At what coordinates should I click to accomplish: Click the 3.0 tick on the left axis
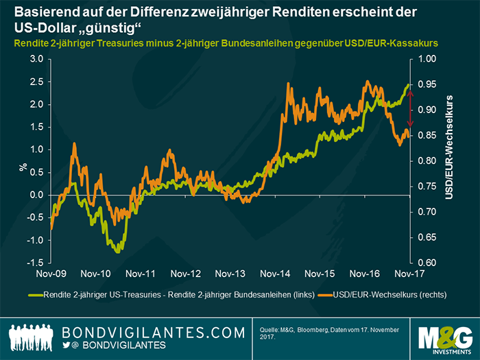click(x=34, y=60)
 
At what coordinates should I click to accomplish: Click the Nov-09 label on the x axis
click(x=52, y=274)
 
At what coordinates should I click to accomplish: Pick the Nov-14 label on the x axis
click(x=276, y=274)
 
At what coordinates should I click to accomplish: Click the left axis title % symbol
click(x=23, y=165)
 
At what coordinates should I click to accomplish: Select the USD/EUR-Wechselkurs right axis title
click(x=449, y=148)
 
